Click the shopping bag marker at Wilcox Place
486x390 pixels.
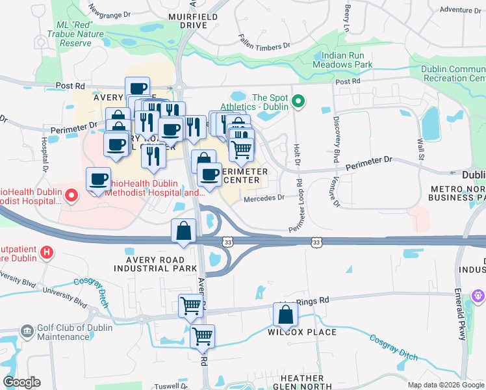(x=285, y=315)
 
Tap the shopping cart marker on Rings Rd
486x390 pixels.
(x=190, y=305)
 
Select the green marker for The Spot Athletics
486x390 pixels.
(x=298, y=101)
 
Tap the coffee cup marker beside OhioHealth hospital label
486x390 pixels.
(x=98, y=179)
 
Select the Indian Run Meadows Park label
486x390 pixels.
(x=342, y=60)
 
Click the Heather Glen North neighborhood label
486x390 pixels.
(x=302, y=383)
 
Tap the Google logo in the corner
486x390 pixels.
(x=21, y=382)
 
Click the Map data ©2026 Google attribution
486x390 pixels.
(x=445, y=385)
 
